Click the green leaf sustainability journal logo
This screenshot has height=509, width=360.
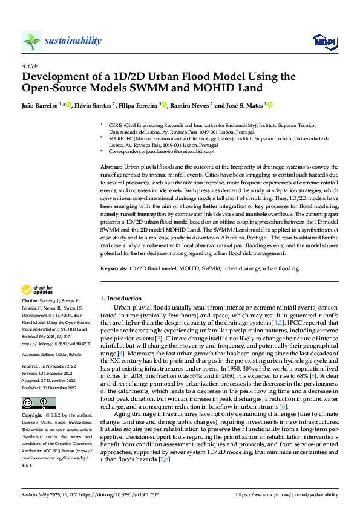tap(31, 41)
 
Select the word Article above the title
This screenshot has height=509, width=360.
tap(30, 66)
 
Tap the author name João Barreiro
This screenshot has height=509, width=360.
tap(39, 105)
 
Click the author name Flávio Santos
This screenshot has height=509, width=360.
tap(96, 105)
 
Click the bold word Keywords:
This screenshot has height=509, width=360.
tap(114, 268)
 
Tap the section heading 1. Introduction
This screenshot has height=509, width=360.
tap(120, 299)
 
